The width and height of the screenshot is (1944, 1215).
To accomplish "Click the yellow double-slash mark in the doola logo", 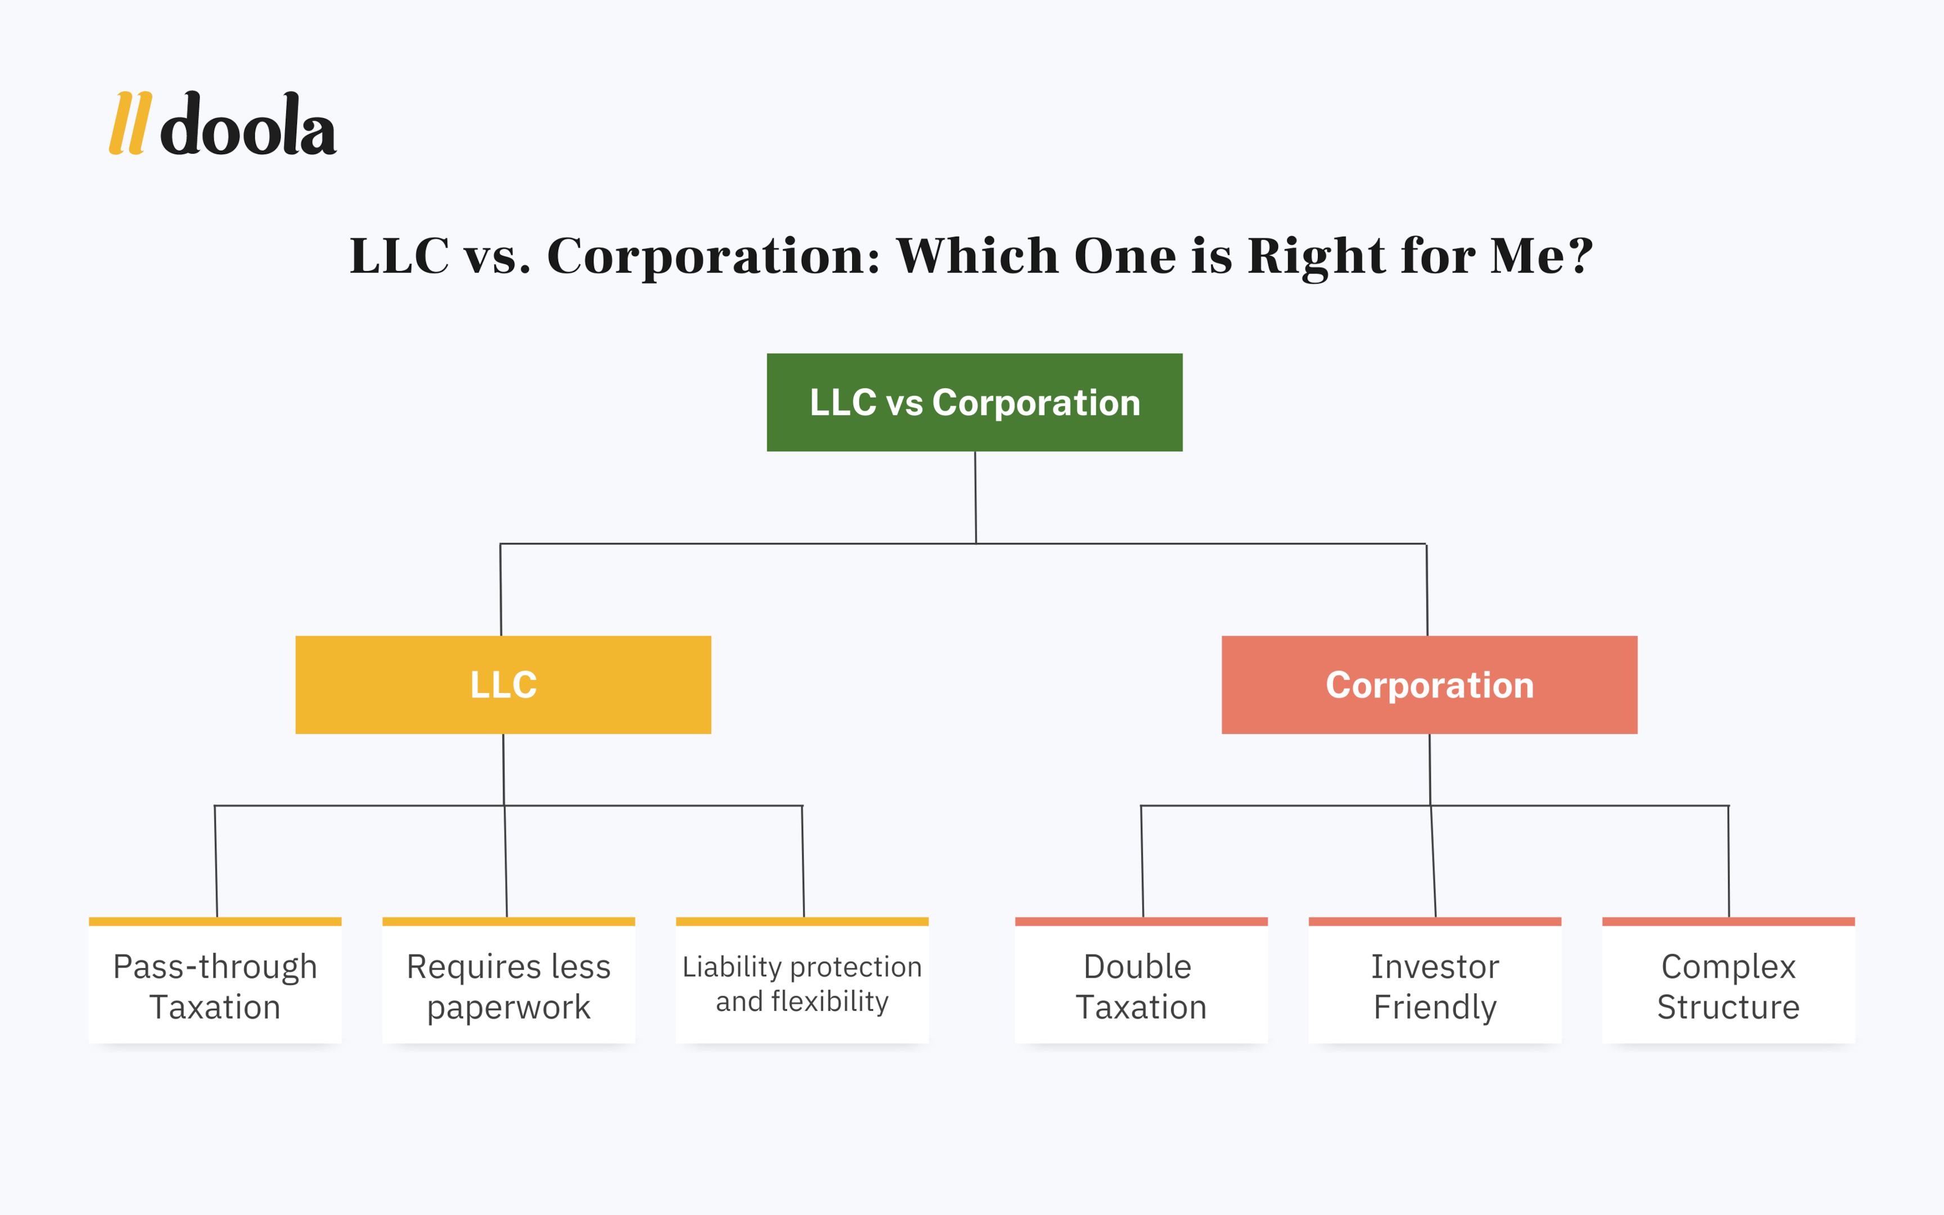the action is (x=130, y=123).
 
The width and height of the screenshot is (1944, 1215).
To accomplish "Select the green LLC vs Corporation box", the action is (x=974, y=403).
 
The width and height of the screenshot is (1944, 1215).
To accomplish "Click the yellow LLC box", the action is (x=503, y=685).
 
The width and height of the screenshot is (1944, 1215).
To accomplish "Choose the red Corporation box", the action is (x=1430, y=685).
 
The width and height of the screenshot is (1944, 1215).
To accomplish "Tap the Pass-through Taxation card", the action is (x=215, y=980).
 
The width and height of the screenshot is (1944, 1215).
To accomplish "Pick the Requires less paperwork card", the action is (x=508, y=980).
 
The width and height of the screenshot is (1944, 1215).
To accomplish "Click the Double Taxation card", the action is (x=1141, y=980).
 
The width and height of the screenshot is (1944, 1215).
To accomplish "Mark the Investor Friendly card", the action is (x=1435, y=980).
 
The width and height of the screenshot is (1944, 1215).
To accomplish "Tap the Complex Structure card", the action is (x=1729, y=980).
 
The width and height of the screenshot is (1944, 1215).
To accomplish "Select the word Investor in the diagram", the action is (x=1435, y=967).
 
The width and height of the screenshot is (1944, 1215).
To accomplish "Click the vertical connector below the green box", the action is (x=975, y=497).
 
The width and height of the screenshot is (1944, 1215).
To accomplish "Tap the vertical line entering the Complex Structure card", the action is (x=1729, y=861).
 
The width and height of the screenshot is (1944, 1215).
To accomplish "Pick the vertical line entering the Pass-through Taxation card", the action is (x=216, y=861).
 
